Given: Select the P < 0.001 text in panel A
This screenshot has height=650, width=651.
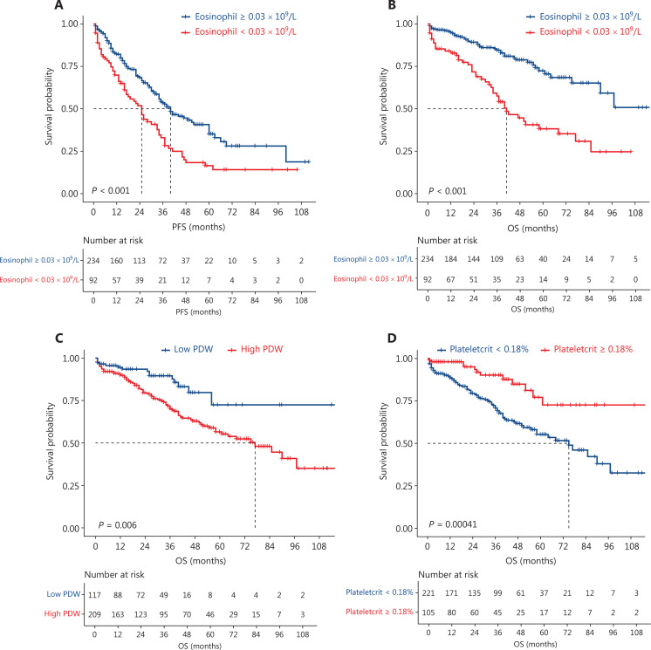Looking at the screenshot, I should [113, 190].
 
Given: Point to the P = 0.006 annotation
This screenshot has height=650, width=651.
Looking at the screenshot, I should [113, 523].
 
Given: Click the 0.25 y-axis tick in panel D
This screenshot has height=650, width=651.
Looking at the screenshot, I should [402, 486].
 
